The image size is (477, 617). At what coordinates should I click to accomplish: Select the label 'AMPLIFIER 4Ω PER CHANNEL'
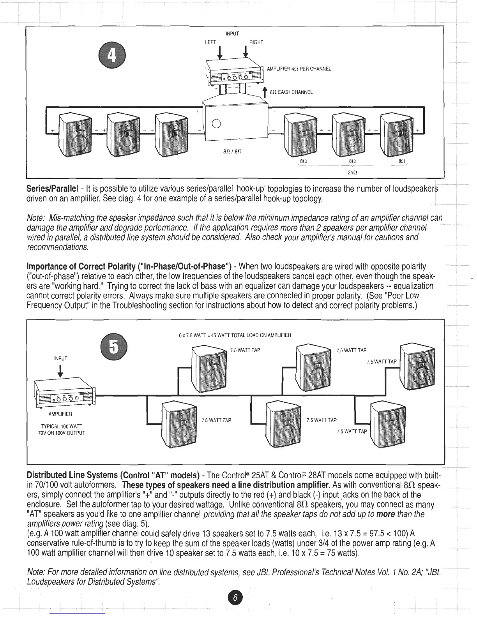[299, 69]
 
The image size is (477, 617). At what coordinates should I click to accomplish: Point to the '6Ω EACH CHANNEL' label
[291, 92]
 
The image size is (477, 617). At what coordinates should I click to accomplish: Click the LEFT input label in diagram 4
[210, 42]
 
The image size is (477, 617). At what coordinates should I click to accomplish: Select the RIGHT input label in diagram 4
[256, 42]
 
